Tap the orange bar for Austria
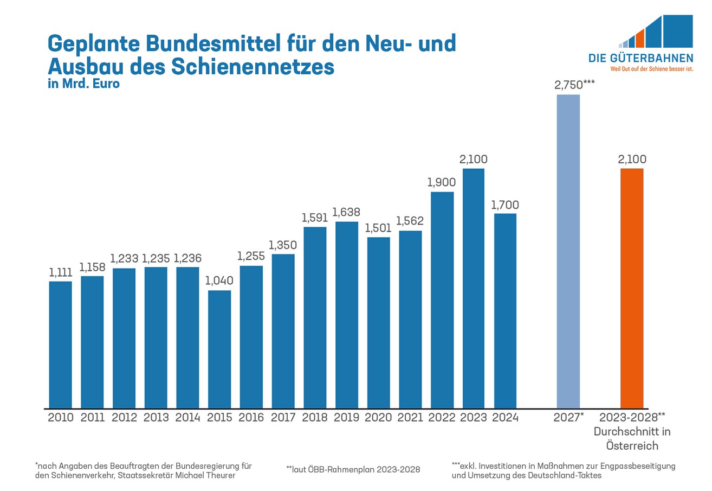(x=632, y=288)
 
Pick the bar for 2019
(x=347, y=315)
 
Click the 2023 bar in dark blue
(x=474, y=288)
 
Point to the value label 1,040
(x=219, y=281)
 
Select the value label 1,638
(x=347, y=212)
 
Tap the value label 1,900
(x=442, y=183)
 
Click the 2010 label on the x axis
(x=61, y=418)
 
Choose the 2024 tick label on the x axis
(x=505, y=418)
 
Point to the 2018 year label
(x=315, y=418)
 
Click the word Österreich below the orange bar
(x=632, y=446)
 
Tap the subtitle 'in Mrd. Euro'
(x=83, y=85)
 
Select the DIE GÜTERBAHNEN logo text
(x=640, y=58)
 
